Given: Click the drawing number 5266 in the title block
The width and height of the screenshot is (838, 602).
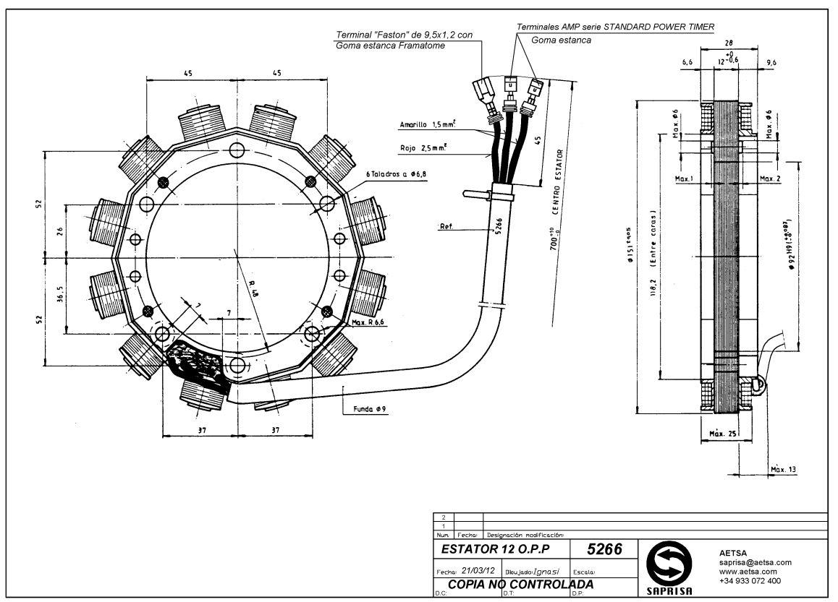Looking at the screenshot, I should tap(604, 549).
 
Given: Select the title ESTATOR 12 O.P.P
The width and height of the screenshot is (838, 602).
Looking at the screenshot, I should tap(499, 549).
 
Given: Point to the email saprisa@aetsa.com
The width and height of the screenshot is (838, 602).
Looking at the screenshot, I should tap(755, 562).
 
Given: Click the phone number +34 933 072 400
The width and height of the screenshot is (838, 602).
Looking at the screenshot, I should tap(750, 581).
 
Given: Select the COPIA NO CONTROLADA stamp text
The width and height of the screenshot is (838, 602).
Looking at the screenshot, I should tap(520, 584).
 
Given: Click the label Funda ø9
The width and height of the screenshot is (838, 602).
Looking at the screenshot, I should tap(370, 409).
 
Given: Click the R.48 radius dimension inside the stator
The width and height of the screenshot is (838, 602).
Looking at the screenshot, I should tap(250, 288).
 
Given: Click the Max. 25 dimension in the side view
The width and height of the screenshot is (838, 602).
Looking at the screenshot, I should tap(722, 434).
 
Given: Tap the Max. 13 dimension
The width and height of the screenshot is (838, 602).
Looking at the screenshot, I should tap(783, 470).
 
